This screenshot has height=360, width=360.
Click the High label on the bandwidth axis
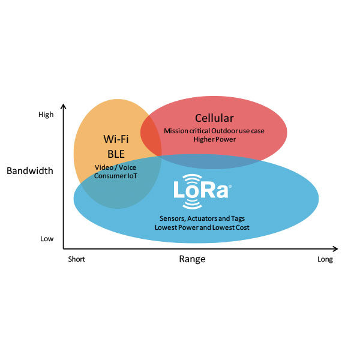[46, 115]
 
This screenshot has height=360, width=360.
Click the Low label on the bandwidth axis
[47, 239]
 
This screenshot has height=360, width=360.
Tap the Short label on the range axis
[76, 259]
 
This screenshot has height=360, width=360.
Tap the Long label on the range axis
[325, 260]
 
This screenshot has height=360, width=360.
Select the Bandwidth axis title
[30, 171]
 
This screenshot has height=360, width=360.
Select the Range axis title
[192, 259]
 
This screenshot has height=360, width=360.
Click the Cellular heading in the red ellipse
[214, 118]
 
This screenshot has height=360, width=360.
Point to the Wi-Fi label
[116, 139]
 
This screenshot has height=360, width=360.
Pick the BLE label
[116, 154]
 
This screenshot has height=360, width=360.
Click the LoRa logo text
[201, 190]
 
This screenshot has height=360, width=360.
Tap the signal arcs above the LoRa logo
[192, 178]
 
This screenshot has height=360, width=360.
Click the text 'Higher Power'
[215, 139]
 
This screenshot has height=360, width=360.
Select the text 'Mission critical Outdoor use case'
[214, 131]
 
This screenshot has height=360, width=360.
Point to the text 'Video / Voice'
[115, 167]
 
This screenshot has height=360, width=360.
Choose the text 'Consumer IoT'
[115, 176]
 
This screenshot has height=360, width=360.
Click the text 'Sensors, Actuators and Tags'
[202, 218]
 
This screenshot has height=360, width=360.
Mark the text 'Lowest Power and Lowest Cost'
[202, 227]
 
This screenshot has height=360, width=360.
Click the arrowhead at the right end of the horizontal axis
[335, 248]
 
